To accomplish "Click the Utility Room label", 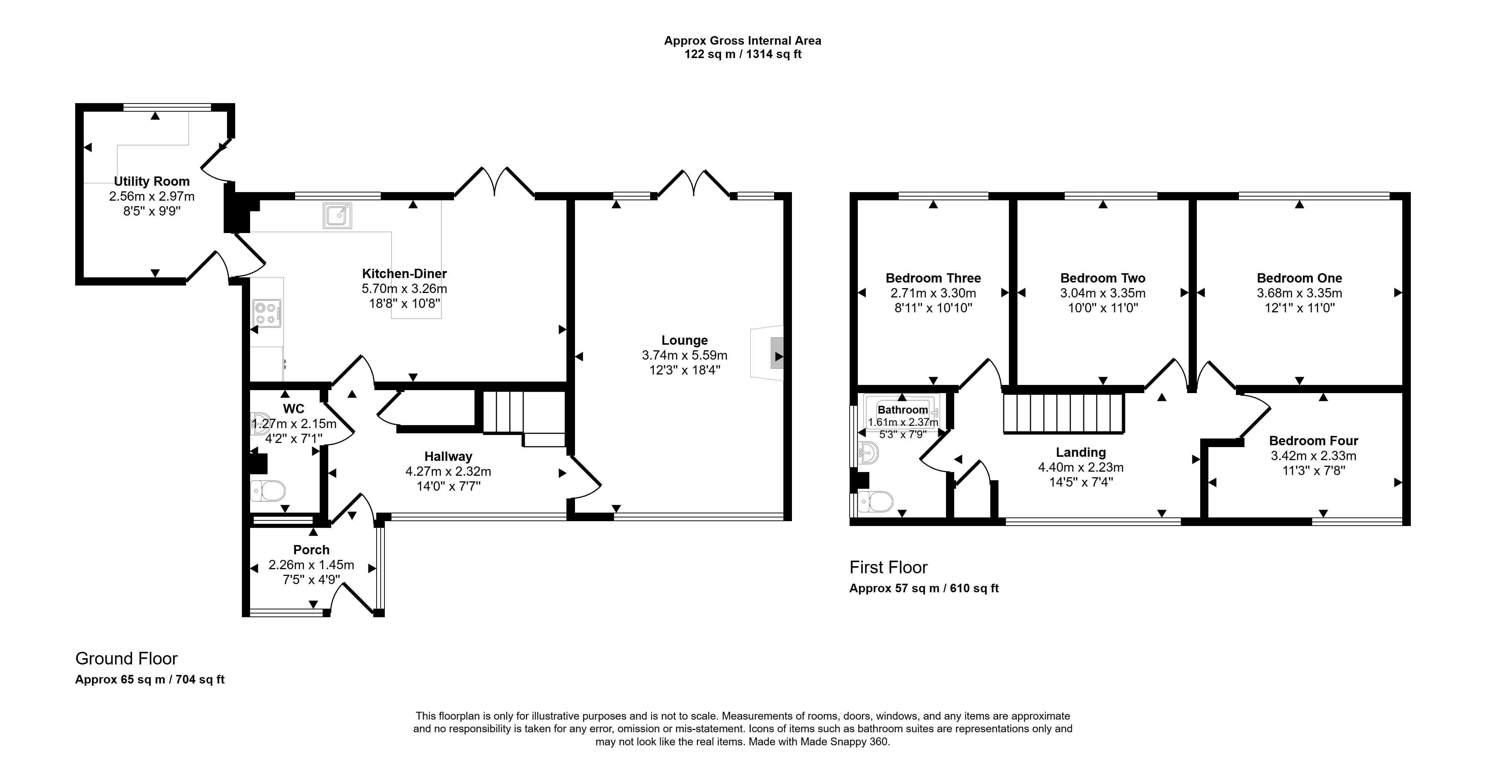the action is coord(152,182).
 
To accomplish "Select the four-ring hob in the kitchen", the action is coord(266,313).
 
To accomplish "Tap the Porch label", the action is coord(311,550).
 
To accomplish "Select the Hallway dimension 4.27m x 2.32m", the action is coord(448,471).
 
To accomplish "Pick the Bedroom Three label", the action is coord(933,278).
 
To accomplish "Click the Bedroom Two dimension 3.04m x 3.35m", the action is coord(1103,293).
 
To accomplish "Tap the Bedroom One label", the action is coord(1300,278).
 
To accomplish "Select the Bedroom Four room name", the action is coord(1314,441).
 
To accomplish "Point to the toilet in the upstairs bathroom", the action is coord(875,501).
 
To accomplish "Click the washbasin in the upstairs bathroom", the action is coord(868,453).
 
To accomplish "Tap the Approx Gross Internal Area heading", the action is coord(742,40).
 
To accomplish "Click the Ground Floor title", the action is coord(126,658).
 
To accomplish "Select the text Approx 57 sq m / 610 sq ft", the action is coord(924,589).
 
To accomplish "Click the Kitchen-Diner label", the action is coord(405,274).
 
